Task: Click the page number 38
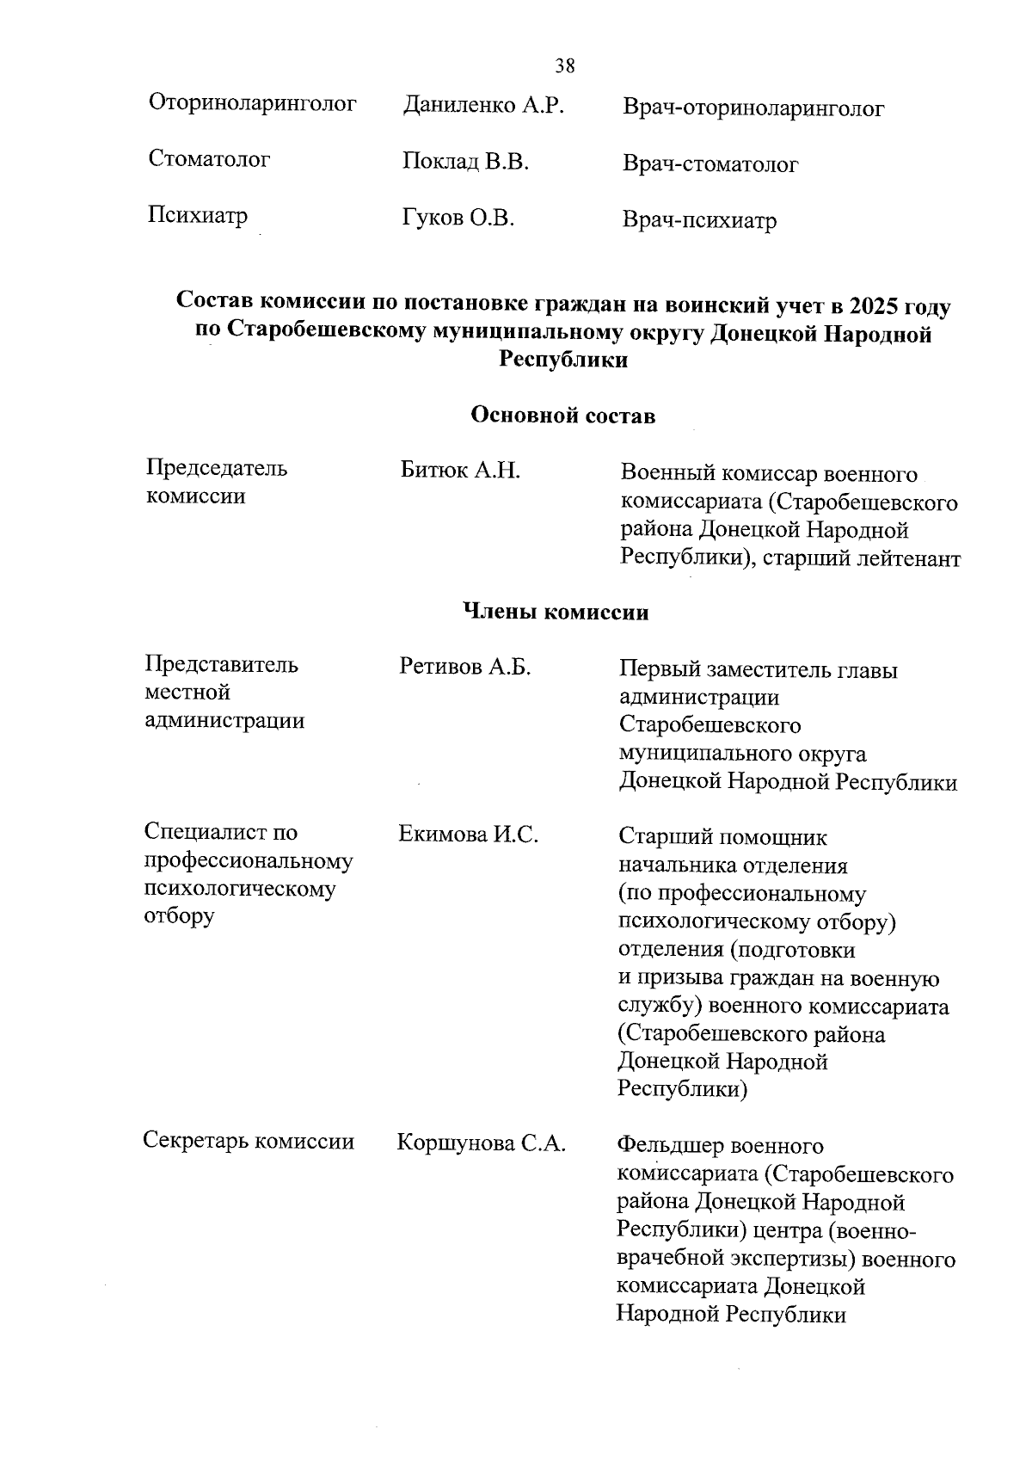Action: (x=565, y=66)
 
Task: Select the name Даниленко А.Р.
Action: (x=483, y=106)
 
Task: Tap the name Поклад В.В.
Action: (x=465, y=162)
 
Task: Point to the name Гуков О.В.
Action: (x=458, y=219)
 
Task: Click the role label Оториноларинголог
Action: (x=253, y=104)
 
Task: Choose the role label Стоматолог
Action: (x=209, y=159)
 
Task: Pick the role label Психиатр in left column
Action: (x=198, y=215)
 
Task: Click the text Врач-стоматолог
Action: (x=710, y=164)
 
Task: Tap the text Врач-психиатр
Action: (x=699, y=221)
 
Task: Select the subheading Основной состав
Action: (x=563, y=416)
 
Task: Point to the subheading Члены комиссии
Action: (x=556, y=612)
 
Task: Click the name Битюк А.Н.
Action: (x=460, y=471)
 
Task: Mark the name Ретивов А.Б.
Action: (x=465, y=667)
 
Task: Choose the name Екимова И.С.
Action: (x=469, y=834)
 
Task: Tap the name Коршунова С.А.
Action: (x=481, y=1143)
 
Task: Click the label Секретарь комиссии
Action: (x=249, y=1141)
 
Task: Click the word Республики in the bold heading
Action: (x=563, y=360)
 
